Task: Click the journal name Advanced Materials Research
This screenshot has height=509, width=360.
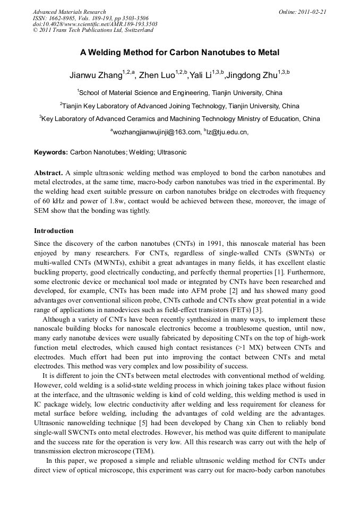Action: click(x=70, y=12)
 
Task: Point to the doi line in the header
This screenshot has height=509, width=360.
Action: click(x=95, y=24)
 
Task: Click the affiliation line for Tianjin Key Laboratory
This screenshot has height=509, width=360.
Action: click(x=181, y=106)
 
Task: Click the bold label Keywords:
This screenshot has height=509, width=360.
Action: click(x=51, y=152)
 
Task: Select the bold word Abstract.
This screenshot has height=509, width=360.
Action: click(x=48, y=173)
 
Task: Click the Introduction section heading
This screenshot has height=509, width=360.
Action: click(x=54, y=231)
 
